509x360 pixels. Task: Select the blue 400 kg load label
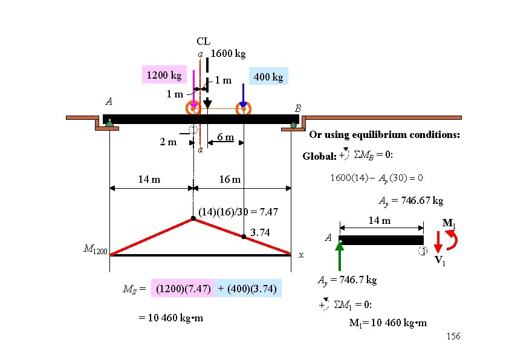click(268, 77)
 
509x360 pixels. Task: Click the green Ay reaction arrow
click(340, 257)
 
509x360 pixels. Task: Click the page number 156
click(453, 336)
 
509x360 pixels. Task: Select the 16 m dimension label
click(230, 179)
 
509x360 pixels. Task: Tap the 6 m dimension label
click(225, 137)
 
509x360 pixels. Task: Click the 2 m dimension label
click(167, 142)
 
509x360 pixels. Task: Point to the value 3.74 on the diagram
click(260, 233)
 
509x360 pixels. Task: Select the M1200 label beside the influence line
click(96, 249)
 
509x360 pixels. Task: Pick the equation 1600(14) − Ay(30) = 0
click(375, 178)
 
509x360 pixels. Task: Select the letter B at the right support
click(297, 108)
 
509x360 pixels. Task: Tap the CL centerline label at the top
click(203, 41)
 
